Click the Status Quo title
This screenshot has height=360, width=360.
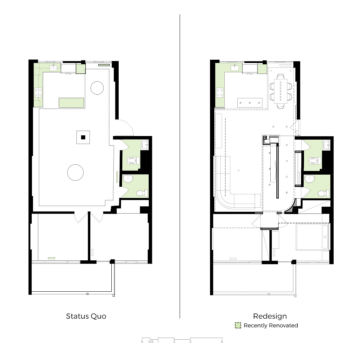pyautogui.click(x=86, y=316)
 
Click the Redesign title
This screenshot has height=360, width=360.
pyautogui.click(x=270, y=316)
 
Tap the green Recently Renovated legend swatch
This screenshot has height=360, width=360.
pyautogui.click(x=238, y=325)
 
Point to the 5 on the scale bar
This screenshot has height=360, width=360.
pyautogui.click(x=222, y=342)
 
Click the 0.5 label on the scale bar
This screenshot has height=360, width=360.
pyautogui.click(x=151, y=342)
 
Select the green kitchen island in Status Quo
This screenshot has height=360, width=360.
pyautogui.click(x=71, y=103)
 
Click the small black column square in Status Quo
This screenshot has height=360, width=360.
pyautogui.click(x=83, y=137)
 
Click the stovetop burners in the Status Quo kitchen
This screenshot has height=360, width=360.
pyautogui.click(x=38, y=93)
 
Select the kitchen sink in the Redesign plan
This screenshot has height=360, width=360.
pyautogui.click(x=235, y=67)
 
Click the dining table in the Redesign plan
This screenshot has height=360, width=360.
pyautogui.click(x=281, y=91)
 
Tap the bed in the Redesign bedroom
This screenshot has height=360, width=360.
pyautogui.click(x=313, y=237)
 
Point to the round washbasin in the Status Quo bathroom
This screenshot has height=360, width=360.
pyautogui.click(x=128, y=179)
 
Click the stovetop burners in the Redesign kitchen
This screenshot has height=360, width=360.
pyautogui.click(x=220, y=93)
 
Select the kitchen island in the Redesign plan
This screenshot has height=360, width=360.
pyautogui.click(x=250, y=103)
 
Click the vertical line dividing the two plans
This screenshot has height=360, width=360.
pyautogui.click(x=180, y=166)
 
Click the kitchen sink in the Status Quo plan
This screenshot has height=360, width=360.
pyautogui.click(x=53, y=67)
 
